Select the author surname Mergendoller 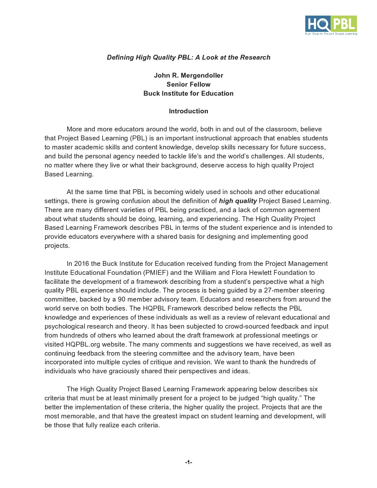tap(202, 76)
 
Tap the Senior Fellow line tap(188, 85)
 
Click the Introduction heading tap(188, 111)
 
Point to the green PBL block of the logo tap(344, 24)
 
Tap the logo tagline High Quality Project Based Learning tap(331, 34)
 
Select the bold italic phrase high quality tap(238, 201)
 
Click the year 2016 tap(81, 264)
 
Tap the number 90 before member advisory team tap(122, 299)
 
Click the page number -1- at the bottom tap(188, 462)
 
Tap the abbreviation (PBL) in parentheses tap(139, 138)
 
